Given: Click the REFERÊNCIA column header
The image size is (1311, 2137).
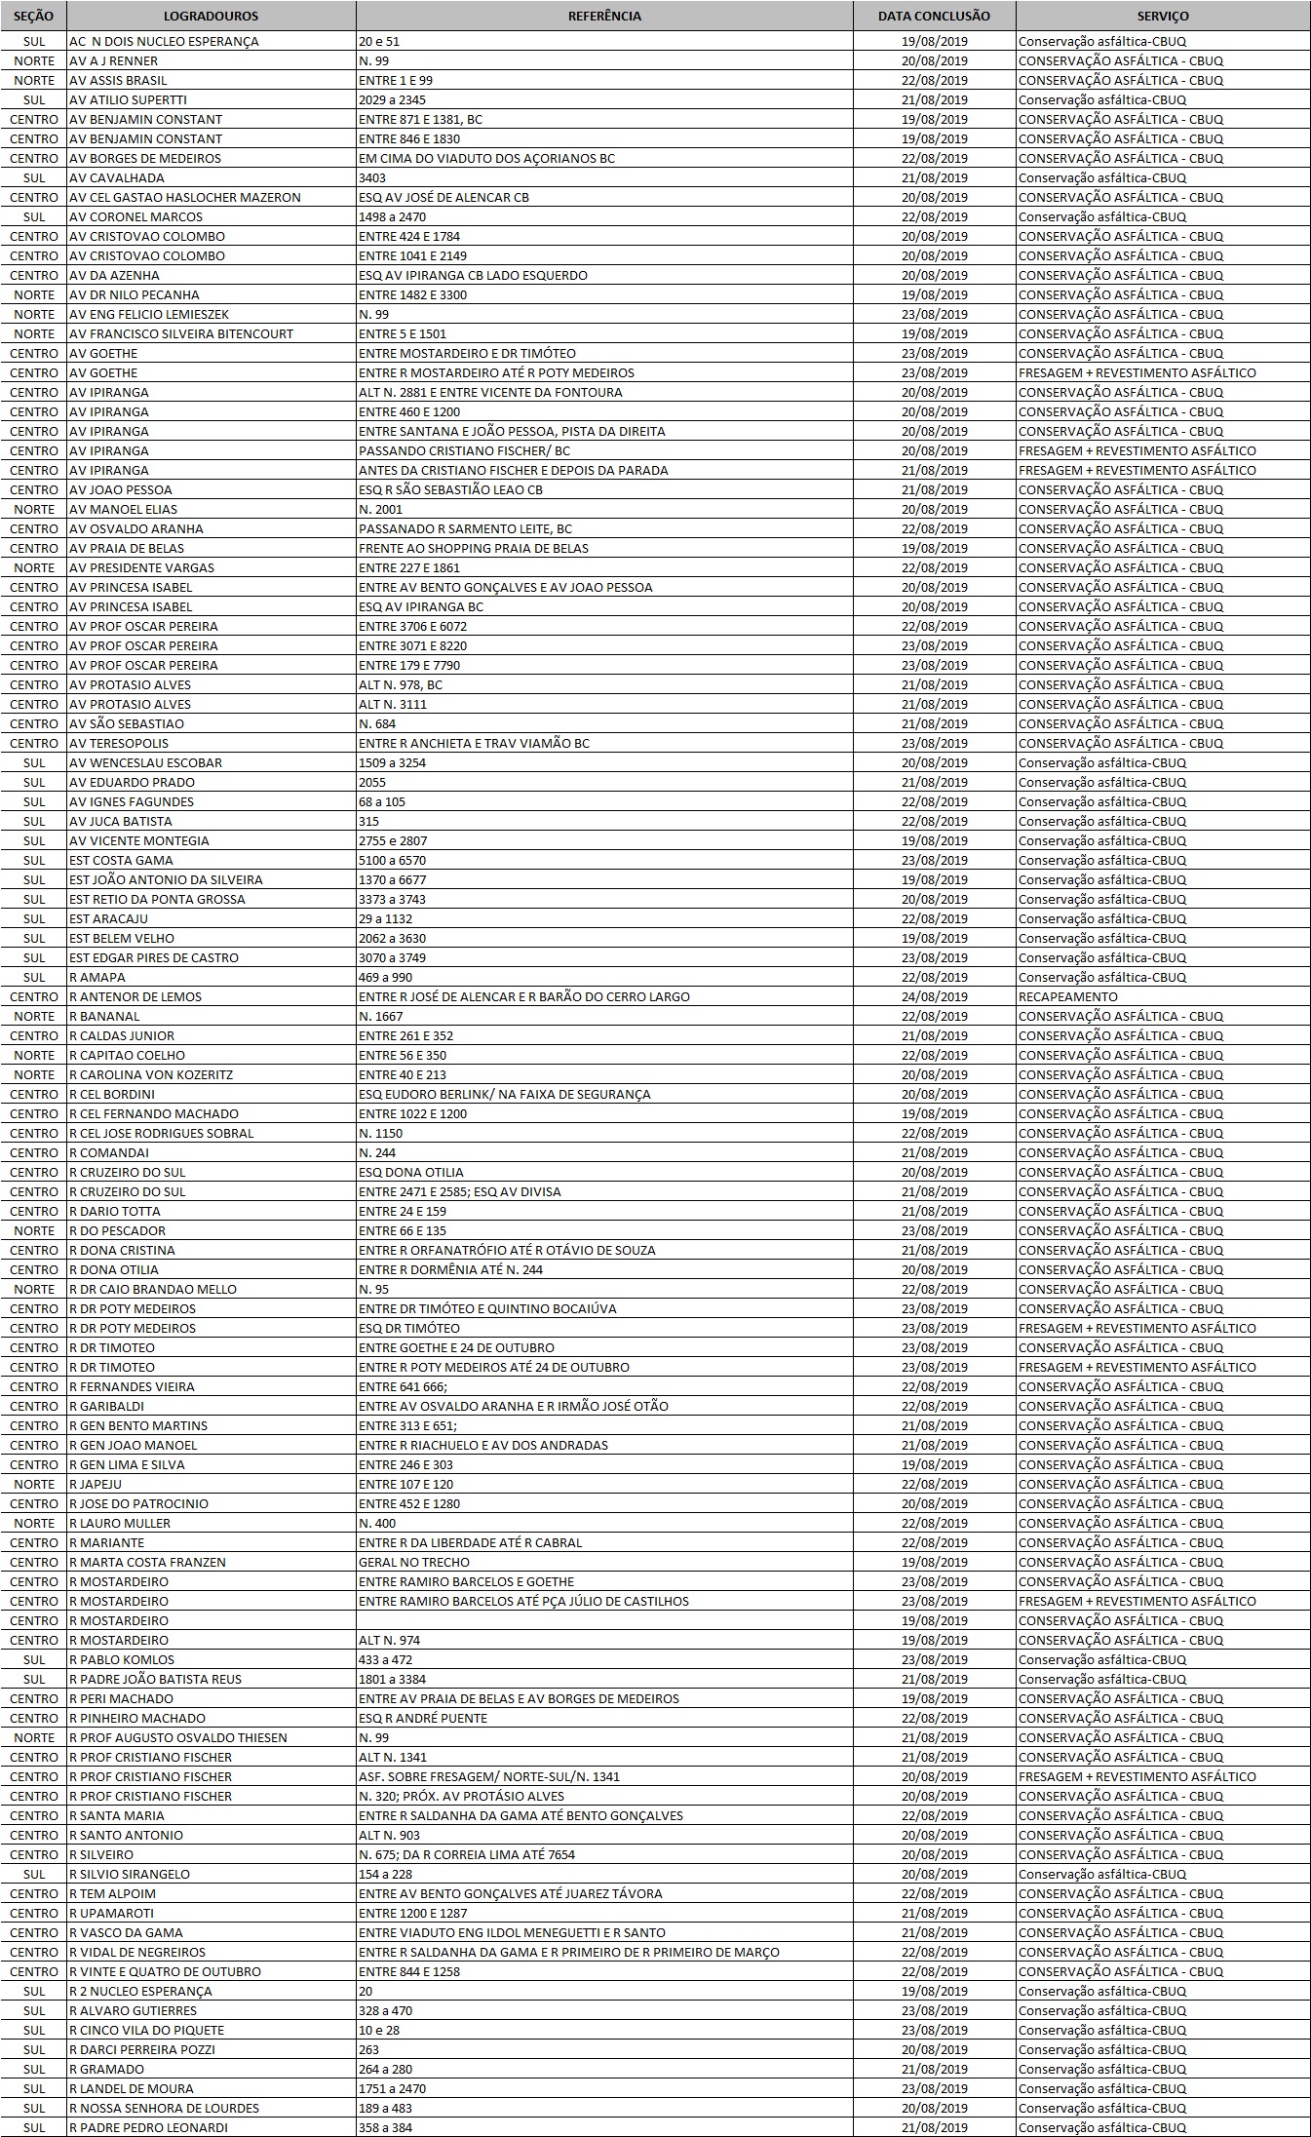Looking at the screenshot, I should point(604,16).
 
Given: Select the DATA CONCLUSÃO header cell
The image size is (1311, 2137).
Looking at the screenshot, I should point(934,16).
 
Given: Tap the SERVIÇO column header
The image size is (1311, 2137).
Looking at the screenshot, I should point(1163,16).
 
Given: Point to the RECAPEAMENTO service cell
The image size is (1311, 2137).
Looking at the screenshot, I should point(1068,996).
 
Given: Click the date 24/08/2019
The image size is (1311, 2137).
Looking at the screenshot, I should point(935,996).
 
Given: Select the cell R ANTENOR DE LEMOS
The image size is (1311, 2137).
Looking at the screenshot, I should point(135,996).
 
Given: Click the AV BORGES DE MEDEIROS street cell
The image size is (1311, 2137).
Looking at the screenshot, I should point(145,158).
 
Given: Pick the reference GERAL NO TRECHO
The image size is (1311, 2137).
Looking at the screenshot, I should point(413,1562).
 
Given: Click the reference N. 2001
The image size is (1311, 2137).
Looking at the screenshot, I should point(380,509).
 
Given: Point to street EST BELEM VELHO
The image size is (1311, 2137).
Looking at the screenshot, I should point(122,938).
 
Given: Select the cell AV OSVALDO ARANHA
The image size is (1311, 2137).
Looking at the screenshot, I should point(136,528).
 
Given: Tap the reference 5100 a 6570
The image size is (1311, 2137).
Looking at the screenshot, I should point(392,860).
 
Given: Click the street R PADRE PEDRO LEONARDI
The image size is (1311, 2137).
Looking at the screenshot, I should point(148,2127).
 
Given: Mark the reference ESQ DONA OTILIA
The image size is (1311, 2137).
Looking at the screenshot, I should point(411,1172).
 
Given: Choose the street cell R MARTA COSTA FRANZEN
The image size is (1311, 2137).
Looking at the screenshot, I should point(147,1562).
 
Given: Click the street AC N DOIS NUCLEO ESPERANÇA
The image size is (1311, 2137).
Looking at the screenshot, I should point(164,41).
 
